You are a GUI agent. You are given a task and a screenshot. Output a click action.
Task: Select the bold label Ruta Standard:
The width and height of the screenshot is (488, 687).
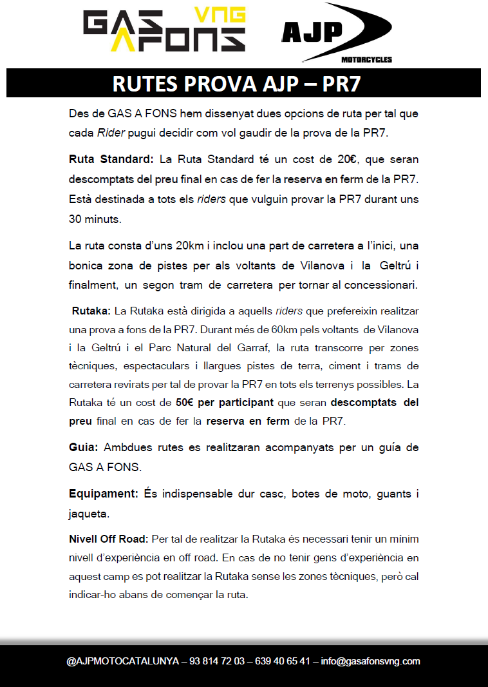tap(111, 159)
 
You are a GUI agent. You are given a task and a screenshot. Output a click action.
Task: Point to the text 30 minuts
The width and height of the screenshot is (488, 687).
tap(95, 219)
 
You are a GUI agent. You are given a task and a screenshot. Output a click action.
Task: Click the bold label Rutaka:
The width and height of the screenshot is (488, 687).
tap(91, 311)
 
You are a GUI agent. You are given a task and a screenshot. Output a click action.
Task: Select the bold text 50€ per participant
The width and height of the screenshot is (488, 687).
tap(225, 403)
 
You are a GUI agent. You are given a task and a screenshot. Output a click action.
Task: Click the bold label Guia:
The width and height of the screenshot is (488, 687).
tap(84, 447)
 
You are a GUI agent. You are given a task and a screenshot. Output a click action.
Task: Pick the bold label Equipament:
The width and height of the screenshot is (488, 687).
tap(104, 494)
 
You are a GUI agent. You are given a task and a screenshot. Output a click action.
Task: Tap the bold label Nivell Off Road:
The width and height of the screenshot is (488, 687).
tap(109, 538)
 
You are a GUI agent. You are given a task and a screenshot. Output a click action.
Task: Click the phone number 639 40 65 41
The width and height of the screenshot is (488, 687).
tap(283, 661)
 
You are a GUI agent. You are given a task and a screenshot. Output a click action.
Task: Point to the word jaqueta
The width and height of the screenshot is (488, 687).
tap(89, 514)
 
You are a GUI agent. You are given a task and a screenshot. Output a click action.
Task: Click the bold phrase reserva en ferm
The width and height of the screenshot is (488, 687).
tap(248, 422)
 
